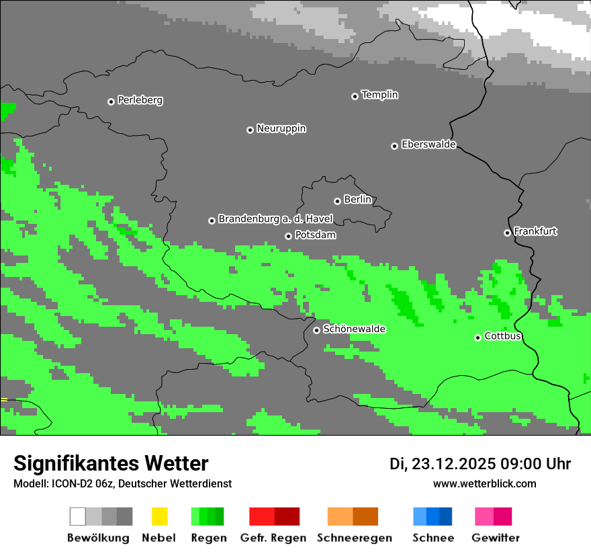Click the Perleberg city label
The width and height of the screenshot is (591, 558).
click(x=140, y=100)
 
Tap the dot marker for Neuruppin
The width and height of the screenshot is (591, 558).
click(x=250, y=130)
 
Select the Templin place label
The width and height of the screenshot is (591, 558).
click(x=379, y=95)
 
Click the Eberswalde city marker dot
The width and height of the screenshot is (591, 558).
click(x=394, y=146)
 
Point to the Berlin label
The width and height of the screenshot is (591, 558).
click(x=357, y=200)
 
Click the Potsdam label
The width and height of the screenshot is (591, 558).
click(x=315, y=235)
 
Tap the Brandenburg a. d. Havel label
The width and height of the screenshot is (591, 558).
click(x=275, y=219)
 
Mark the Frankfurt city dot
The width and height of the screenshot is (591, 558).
click(x=507, y=233)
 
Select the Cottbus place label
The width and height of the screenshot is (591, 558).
click(x=502, y=336)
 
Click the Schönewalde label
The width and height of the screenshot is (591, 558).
click(x=354, y=329)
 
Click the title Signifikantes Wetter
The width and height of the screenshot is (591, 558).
click(x=111, y=463)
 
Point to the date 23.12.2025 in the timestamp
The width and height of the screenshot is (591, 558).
click(x=453, y=464)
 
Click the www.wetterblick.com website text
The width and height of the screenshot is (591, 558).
click(x=484, y=483)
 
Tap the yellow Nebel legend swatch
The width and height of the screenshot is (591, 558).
click(x=159, y=516)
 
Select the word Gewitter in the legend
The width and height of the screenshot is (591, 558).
click(x=495, y=538)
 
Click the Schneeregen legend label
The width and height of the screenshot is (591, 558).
click(x=354, y=538)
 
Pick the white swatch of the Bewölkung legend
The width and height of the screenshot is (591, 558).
click(x=77, y=516)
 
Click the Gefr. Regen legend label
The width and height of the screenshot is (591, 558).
click(x=273, y=538)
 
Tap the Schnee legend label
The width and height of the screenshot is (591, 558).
click(x=433, y=538)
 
